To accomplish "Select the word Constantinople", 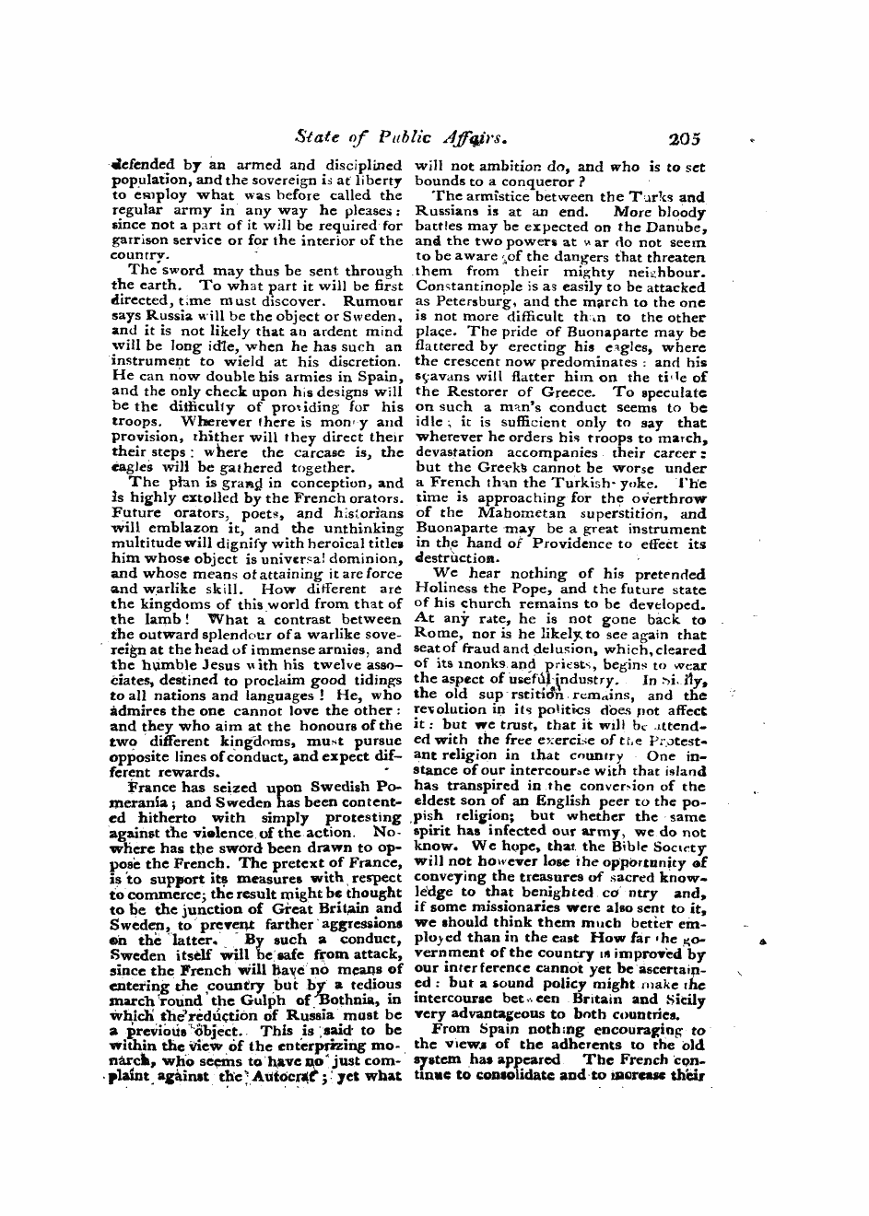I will pos(466,287).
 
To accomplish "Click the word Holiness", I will pos(446,589).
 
